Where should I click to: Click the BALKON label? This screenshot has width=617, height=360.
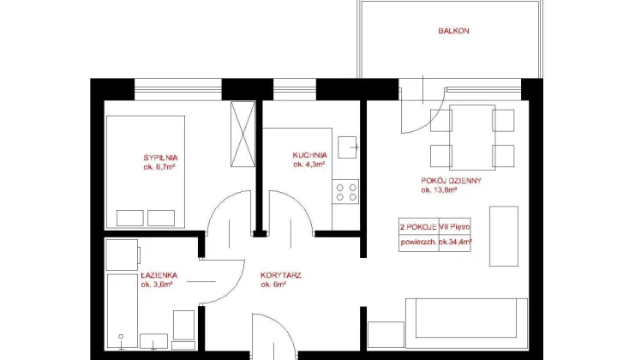(453, 31)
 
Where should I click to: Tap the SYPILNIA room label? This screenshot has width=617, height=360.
(160, 158)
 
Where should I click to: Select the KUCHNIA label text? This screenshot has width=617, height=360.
(309, 155)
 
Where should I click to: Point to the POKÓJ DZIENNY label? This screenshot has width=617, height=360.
(452, 181)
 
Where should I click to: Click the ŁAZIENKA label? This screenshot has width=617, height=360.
(159, 275)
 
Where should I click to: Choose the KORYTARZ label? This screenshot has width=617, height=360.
(281, 275)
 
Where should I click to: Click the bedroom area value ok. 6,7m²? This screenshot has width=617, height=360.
(159, 167)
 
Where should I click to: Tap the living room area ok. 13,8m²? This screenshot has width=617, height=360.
(439, 190)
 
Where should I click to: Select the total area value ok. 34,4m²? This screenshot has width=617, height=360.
(455, 242)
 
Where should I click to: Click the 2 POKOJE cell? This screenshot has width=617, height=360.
(418, 227)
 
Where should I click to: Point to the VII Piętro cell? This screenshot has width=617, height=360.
(454, 227)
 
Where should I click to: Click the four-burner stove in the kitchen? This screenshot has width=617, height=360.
(345, 192)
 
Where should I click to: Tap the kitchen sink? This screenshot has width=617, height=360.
(347, 147)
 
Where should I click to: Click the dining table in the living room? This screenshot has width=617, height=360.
(472, 137)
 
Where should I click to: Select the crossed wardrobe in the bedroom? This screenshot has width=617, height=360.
(243, 135)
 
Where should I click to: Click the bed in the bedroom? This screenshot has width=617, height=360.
(146, 172)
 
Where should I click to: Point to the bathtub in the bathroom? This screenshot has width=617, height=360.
(123, 311)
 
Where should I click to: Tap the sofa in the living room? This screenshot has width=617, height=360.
(467, 323)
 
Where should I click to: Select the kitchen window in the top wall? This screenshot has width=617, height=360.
(295, 89)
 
